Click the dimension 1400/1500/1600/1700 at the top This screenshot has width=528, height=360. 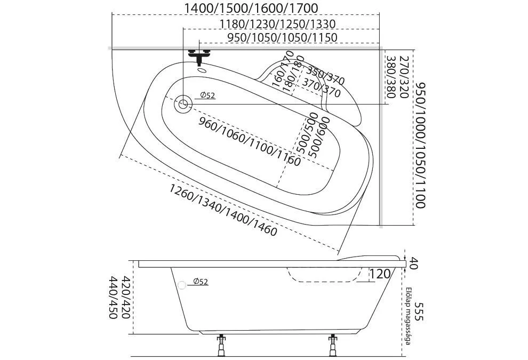pyautogui.click(x=250, y=8)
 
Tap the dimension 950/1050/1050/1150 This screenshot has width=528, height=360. pyautogui.click(x=282, y=37)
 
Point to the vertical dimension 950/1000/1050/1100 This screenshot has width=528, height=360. pyautogui.click(x=421, y=145)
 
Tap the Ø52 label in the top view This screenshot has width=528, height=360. pyautogui.click(x=207, y=95)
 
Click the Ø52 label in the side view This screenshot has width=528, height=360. pyautogui.click(x=200, y=282)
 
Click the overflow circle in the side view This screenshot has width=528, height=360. pyautogui.click(x=183, y=284)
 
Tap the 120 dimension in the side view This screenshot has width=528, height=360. pyautogui.click(x=379, y=275)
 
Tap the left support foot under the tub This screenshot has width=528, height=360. pyautogui.click(x=220, y=345)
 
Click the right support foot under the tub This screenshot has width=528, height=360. pyautogui.click(x=334, y=345)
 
